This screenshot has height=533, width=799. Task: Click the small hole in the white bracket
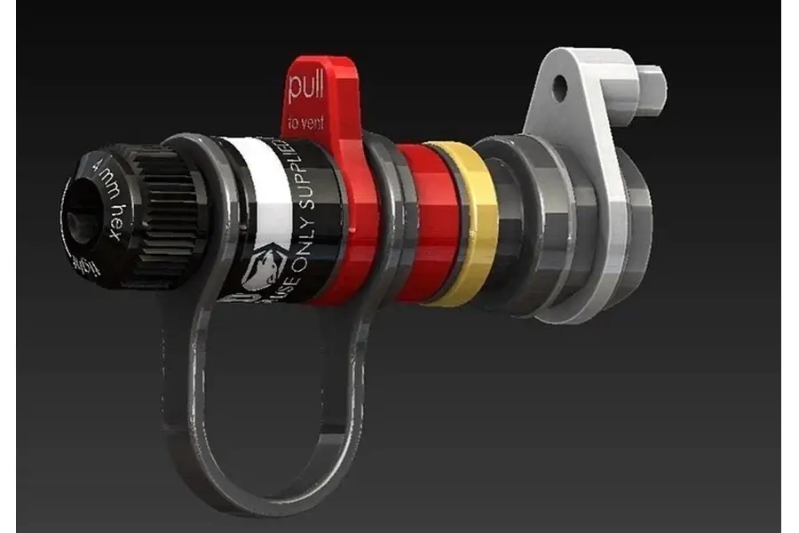coord(559,87)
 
